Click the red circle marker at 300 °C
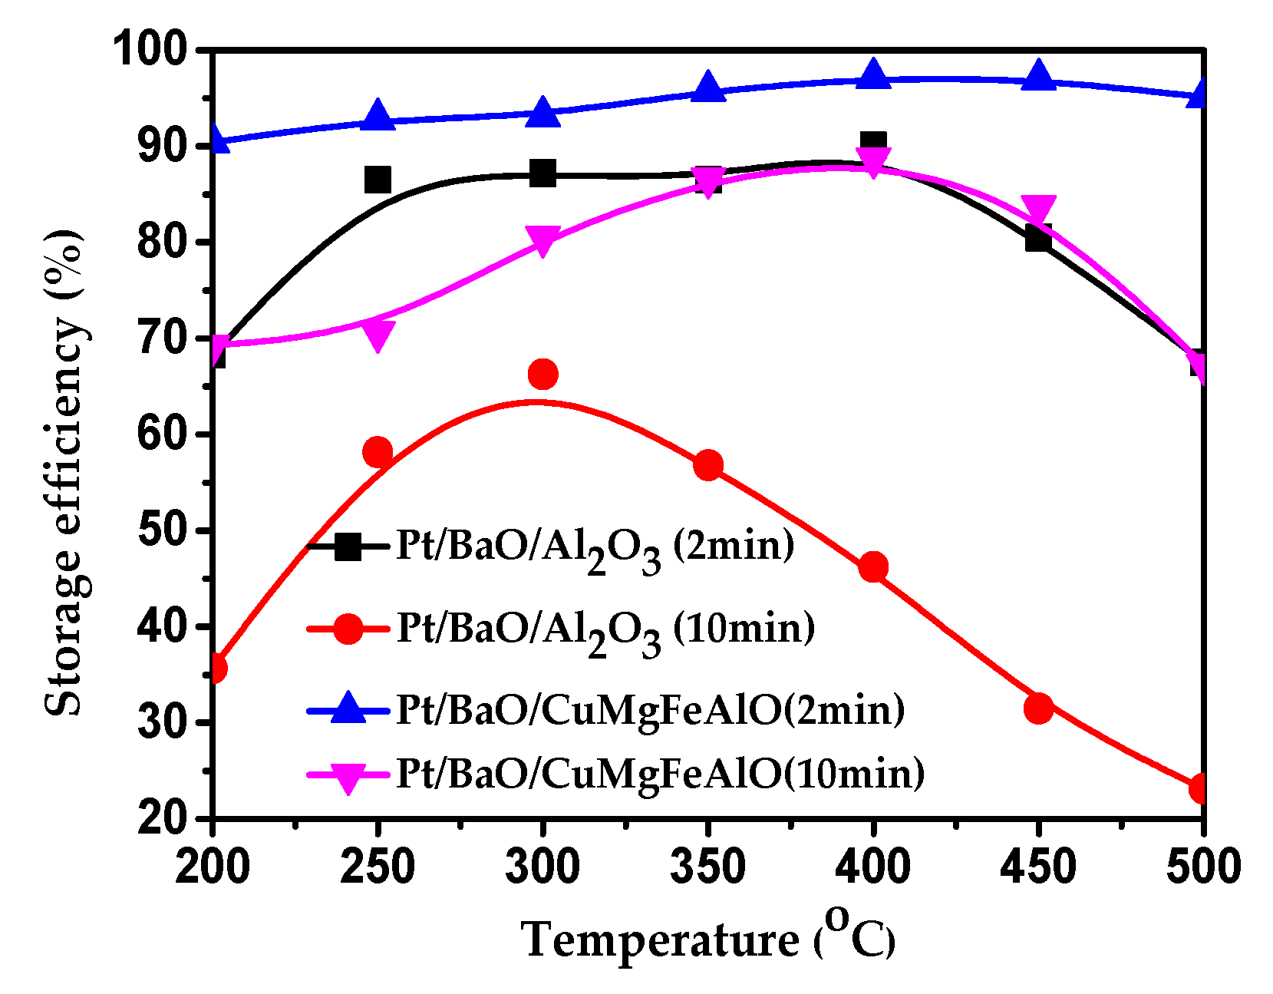(x=543, y=375)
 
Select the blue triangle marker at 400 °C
(x=873, y=75)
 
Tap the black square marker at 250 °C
(x=378, y=180)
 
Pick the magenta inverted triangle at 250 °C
(x=378, y=335)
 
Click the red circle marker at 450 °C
(x=1038, y=708)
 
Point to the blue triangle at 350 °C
(x=708, y=88)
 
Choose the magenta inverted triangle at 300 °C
(x=543, y=241)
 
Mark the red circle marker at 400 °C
(x=873, y=568)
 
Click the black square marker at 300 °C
(x=543, y=173)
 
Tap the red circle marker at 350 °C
(x=708, y=466)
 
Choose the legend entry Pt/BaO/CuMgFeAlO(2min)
(x=650, y=710)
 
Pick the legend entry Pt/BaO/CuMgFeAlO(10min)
(x=660, y=774)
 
